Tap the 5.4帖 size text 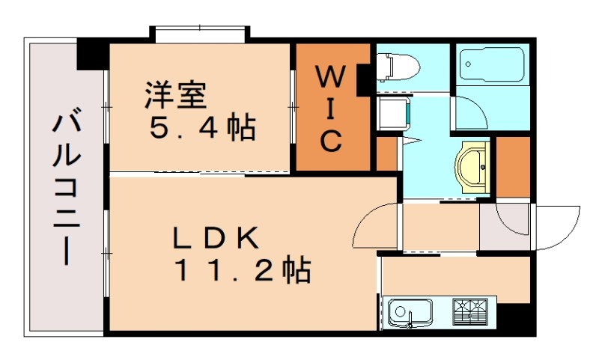(201, 129)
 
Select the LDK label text (216, 238)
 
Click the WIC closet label (332, 108)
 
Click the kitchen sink (410, 313)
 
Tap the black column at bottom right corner (517, 318)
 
